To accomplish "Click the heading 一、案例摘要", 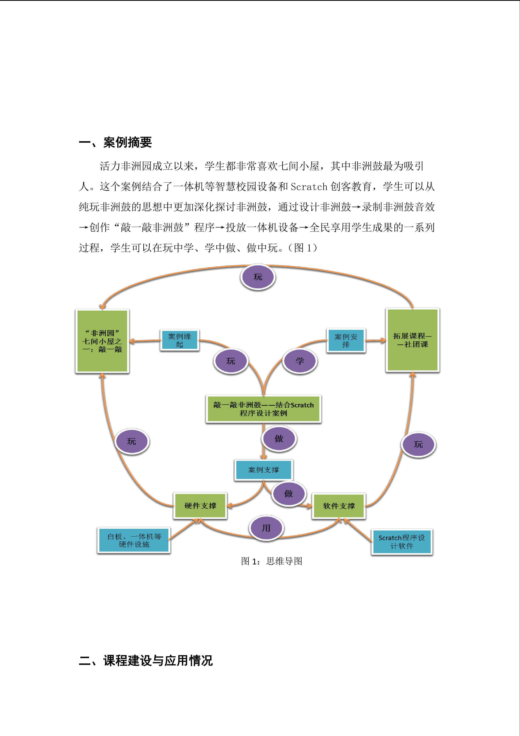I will tap(115, 142).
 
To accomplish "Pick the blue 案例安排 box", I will tap(346, 340).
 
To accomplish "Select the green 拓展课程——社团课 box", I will tap(412, 340).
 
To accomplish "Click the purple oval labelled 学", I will tap(300, 361).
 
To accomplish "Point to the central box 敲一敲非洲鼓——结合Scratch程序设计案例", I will tap(263, 409).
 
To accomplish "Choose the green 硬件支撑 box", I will tap(200, 506).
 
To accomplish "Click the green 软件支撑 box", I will tap(339, 506).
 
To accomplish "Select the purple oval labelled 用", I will tap(266, 528).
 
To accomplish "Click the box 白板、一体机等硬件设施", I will tap(134, 540).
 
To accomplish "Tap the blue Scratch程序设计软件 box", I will tap(402, 541).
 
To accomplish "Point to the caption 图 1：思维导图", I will tap(271, 561).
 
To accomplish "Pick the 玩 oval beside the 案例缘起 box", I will tap(231, 361).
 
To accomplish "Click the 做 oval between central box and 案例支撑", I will tap(279, 438).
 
